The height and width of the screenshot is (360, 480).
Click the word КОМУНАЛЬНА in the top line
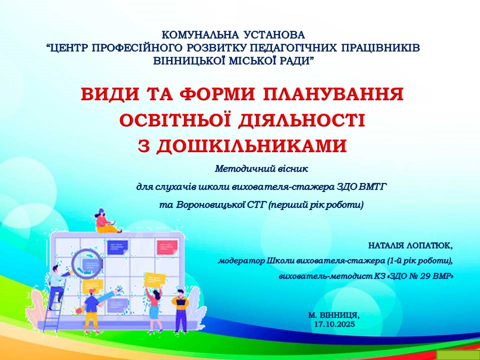(x=200, y=35)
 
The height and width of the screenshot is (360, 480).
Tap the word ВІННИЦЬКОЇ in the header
(x=189, y=61)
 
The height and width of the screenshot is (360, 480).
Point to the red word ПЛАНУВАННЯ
(x=333, y=94)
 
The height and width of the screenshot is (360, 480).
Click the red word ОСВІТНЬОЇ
(x=175, y=120)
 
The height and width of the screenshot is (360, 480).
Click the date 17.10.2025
(x=334, y=324)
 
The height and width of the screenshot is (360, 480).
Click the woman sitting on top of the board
(x=106, y=221)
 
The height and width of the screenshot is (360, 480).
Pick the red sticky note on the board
(x=167, y=247)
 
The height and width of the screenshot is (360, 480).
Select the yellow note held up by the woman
(x=155, y=279)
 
